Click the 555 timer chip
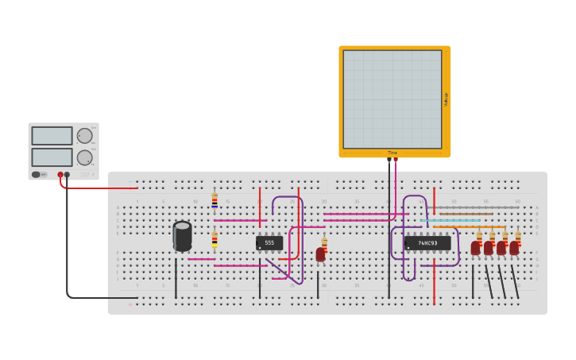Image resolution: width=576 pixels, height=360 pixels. coord(269,242)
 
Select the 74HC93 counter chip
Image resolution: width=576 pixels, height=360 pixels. coord(427,242)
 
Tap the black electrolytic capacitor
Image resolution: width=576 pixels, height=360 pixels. coord(182,235)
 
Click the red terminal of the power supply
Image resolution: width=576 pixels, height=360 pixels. coord(60,175)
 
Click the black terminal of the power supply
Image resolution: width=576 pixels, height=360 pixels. coord(67,175)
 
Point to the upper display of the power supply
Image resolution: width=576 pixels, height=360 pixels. coord(52,136)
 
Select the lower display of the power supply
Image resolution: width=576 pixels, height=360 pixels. coord(52,157)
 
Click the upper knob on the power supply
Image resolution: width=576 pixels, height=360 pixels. coord(84,136)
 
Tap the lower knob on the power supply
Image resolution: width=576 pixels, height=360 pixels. coord(84,157)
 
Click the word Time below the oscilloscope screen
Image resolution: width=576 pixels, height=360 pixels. coord(392,153)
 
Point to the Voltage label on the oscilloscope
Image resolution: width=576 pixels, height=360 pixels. coord(446,99)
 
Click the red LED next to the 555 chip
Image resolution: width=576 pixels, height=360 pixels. coord(320,254)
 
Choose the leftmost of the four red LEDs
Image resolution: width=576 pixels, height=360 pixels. coord(475,247)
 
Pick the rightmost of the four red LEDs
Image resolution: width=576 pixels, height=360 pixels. coord(514,247)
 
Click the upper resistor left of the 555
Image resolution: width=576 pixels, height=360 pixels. coord(215,200)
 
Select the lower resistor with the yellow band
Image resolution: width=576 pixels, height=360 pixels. coord(215,238)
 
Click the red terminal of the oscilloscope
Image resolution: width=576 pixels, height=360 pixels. coord(396,160)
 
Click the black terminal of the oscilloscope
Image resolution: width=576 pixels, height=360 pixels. coord(389,160)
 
